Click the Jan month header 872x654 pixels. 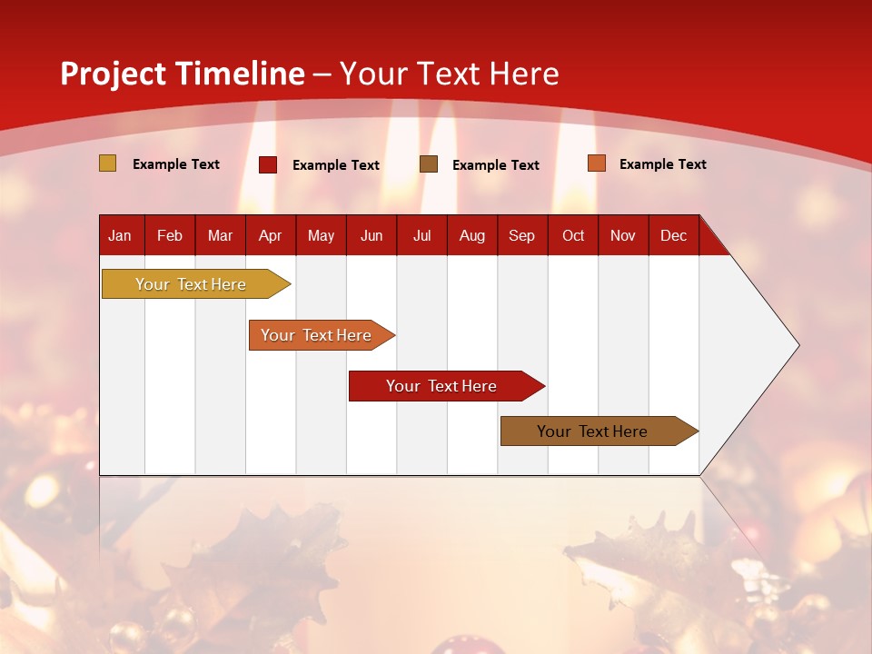[120, 235]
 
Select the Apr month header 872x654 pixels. [271, 235]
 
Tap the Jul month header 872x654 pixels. [421, 235]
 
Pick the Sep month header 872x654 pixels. [521, 235]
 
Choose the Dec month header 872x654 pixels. [673, 235]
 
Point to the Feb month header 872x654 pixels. [170, 235]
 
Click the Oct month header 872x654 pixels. [573, 235]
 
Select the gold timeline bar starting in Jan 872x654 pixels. [191, 284]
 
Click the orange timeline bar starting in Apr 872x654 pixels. [316, 335]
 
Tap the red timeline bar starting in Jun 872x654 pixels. [441, 386]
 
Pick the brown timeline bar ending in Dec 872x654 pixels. [592, 431]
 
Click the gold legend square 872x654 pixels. [108, 163]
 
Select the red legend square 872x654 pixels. [268, 164]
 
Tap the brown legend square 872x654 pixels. [429, 163]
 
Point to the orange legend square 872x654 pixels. [597, 163]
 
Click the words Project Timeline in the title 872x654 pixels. [183, 74]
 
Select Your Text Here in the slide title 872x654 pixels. [449, 74]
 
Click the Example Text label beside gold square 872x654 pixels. [176, 164]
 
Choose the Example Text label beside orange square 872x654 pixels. [663, 164]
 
